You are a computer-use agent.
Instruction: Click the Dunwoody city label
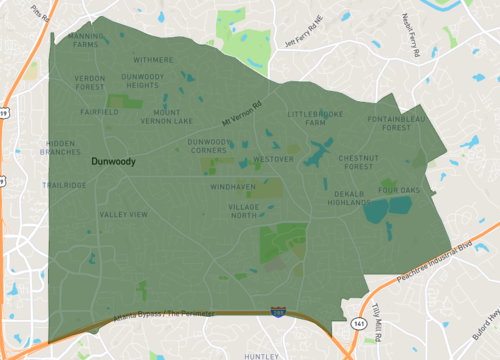(x=113, y=160)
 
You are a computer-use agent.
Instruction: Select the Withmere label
(x=153, y=60)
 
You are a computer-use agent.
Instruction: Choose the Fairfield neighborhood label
(x=100, y=113)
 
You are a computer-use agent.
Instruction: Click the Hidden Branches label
(x=62, y=149)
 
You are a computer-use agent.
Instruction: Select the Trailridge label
(x=64, y=185)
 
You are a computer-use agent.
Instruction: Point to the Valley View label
(x=124, y=214)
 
